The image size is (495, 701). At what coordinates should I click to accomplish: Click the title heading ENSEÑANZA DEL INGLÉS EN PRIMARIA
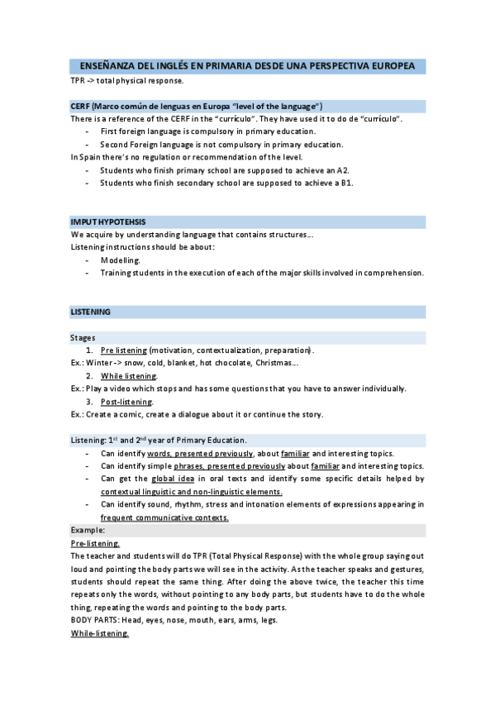pyautogui.click(x=247, y=65)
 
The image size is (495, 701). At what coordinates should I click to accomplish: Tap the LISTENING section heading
pyautogui.click(x=91, y=312)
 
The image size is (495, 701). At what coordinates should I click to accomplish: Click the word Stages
pyautogui.click(x=83, y=337)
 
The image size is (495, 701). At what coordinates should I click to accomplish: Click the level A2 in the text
pyautogui.click(x=343, y=170)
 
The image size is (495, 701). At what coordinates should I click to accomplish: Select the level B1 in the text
pyautogui.click(x=347, y=183)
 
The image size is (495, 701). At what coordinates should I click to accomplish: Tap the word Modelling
pyautogui.click(x=121, y=260)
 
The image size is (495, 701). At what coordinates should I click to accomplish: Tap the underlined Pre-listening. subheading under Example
pyautogui.click(x=95, y=543)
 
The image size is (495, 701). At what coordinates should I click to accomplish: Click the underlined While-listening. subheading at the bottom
pyautogui.click(x=100, y=632)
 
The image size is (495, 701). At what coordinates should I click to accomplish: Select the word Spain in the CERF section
pyautogui.click(x=88, y=157)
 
